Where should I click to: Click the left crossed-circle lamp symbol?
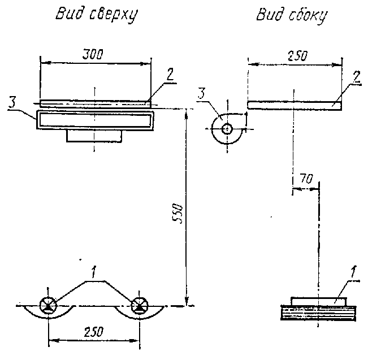click(47, 306)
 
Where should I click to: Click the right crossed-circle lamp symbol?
click(138, 306)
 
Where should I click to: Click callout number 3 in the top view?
click(12, 102)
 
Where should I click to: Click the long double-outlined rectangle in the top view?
click(94, 120)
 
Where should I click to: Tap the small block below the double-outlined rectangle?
click(94, 136)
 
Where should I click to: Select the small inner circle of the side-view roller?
click(227, 128)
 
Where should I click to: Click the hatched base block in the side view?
click(318, 313)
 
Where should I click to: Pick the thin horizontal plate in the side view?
click(294, 104)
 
